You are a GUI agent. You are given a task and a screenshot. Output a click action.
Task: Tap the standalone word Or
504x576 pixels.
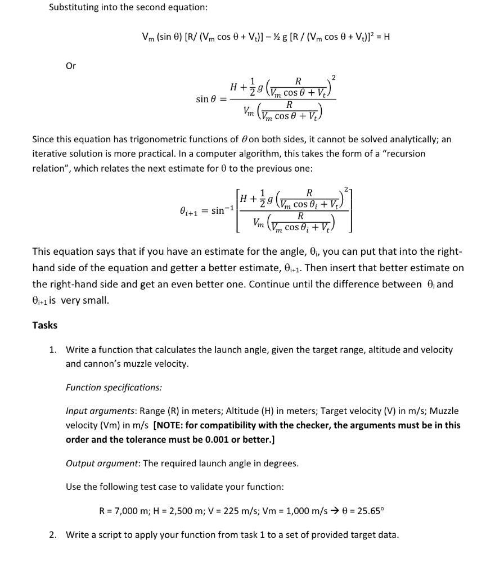tap(71, 65)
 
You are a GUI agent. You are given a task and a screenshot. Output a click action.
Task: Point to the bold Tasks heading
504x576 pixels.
tap(44, 325)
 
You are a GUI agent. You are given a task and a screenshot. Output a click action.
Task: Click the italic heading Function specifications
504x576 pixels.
tap(114, 388)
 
